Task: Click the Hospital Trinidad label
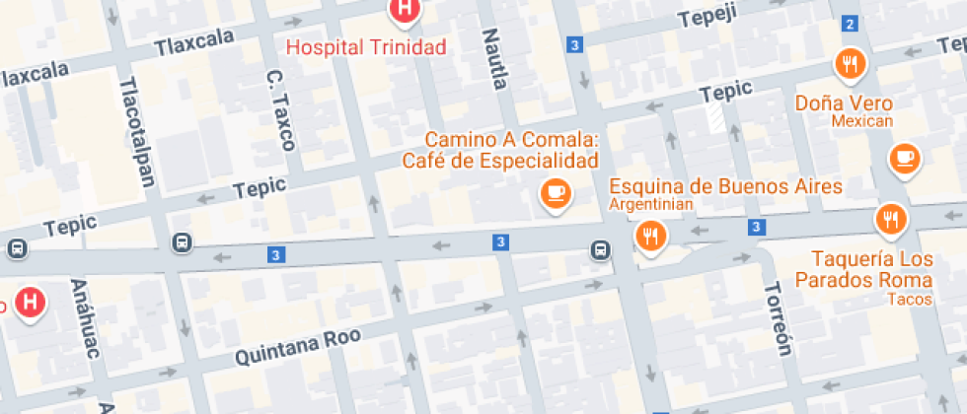(366, 46)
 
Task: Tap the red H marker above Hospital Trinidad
(404, 10)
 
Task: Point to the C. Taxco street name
(280, 109)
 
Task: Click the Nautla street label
(493, 58)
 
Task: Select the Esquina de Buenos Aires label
(725, 186)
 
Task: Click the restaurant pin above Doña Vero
(850, 65)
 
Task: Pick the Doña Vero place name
(844, 103)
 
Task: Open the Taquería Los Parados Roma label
(872, 269)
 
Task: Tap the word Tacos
(903, 299)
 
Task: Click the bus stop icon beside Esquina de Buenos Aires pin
(600, 250)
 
